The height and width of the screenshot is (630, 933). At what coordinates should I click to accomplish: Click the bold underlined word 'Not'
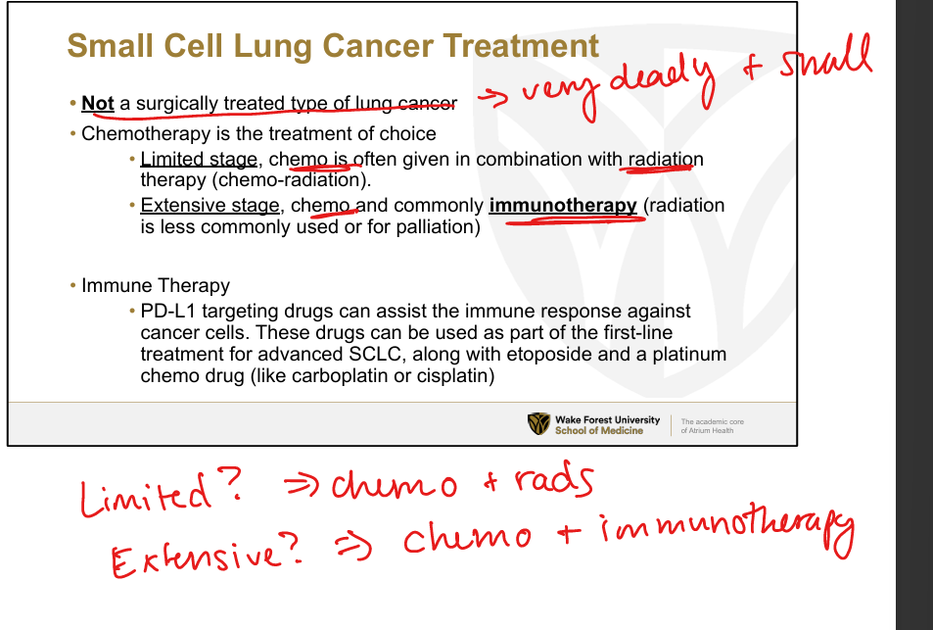click(x=98, y=103)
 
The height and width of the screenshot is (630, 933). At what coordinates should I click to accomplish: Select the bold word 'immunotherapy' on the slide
click(x=563, y=206)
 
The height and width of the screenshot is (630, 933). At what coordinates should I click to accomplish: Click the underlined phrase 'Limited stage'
click(x=199, y=160)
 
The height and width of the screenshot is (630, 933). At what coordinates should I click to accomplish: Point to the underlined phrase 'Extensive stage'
click(x=210, y=206)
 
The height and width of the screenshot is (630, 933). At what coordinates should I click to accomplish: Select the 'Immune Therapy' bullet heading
click(x=156, y=286)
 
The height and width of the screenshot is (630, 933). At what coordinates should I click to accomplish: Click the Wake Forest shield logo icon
click(x=538, y=424)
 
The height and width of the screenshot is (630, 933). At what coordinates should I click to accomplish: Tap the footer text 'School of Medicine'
click(x=599, y=430)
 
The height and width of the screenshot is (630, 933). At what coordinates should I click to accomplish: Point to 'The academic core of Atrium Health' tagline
click(x=713, y=426)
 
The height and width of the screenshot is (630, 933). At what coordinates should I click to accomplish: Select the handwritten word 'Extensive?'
click(x=207, y=556)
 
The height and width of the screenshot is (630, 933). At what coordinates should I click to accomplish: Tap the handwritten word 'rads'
click(x=553, y=480)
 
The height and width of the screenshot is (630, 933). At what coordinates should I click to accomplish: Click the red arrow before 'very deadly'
click(x=493, y=98)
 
